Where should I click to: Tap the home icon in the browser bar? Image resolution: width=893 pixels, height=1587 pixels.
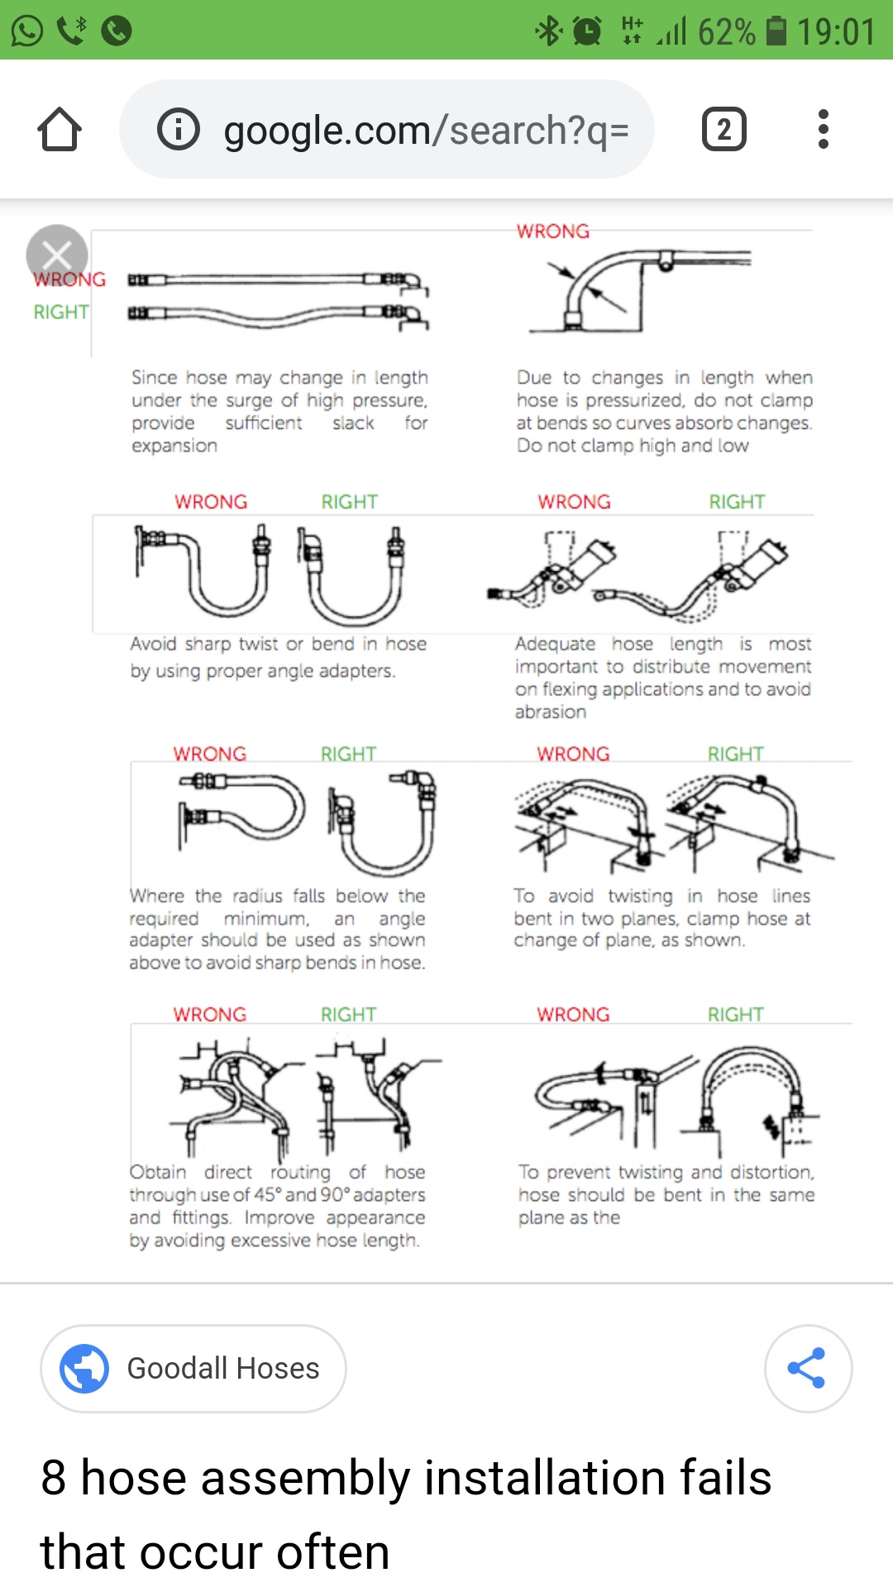[x=60, y=130]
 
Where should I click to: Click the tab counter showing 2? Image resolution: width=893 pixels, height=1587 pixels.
[x=723, y=130]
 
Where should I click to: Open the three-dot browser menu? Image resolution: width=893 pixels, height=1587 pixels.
[x=823, y=130]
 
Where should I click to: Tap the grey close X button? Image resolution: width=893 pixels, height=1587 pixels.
[x=56, y=255]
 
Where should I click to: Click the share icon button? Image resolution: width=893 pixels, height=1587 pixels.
[x=807, y=1368]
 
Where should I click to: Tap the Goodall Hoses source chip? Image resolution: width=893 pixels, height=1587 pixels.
[x=193, y=1368]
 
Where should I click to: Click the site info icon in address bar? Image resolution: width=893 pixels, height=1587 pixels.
[x=179, y=130]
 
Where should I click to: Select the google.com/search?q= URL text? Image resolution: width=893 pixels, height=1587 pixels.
[x=426, y=131]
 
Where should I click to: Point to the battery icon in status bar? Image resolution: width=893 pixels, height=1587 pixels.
[x=776, y=31]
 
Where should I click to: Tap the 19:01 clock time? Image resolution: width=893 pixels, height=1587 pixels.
[x=836, y=32]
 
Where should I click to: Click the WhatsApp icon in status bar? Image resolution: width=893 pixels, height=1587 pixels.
[x=26, y=31]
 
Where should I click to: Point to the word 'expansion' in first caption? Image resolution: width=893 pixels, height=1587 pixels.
[x=174, y=446]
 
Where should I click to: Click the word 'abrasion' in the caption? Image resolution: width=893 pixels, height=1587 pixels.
[x=551, y=712]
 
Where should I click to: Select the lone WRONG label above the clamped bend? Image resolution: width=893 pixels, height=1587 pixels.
[x=553, y=231]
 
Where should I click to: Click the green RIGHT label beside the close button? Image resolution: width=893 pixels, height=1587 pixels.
[x=61, y=312]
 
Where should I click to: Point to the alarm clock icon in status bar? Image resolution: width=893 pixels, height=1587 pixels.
[x=587, y=31]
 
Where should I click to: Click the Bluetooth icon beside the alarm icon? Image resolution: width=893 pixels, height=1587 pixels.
[x=547, y=31]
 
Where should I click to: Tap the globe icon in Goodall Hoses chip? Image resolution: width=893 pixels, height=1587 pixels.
[x=84, y=1368]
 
